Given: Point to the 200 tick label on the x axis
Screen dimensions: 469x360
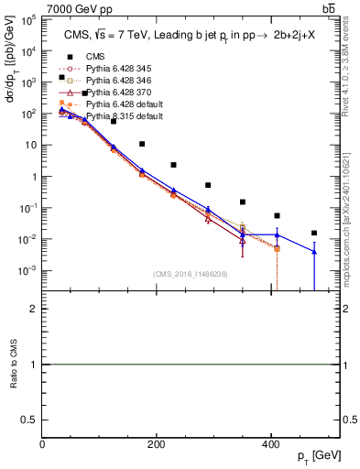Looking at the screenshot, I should (x=157, y=443).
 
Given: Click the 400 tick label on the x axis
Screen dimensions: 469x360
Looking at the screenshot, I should (x=271, y=443).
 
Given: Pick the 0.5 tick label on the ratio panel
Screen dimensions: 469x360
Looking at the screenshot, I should (x=28, y=420).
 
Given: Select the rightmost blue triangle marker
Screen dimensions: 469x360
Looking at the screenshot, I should (x=314, y=251).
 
